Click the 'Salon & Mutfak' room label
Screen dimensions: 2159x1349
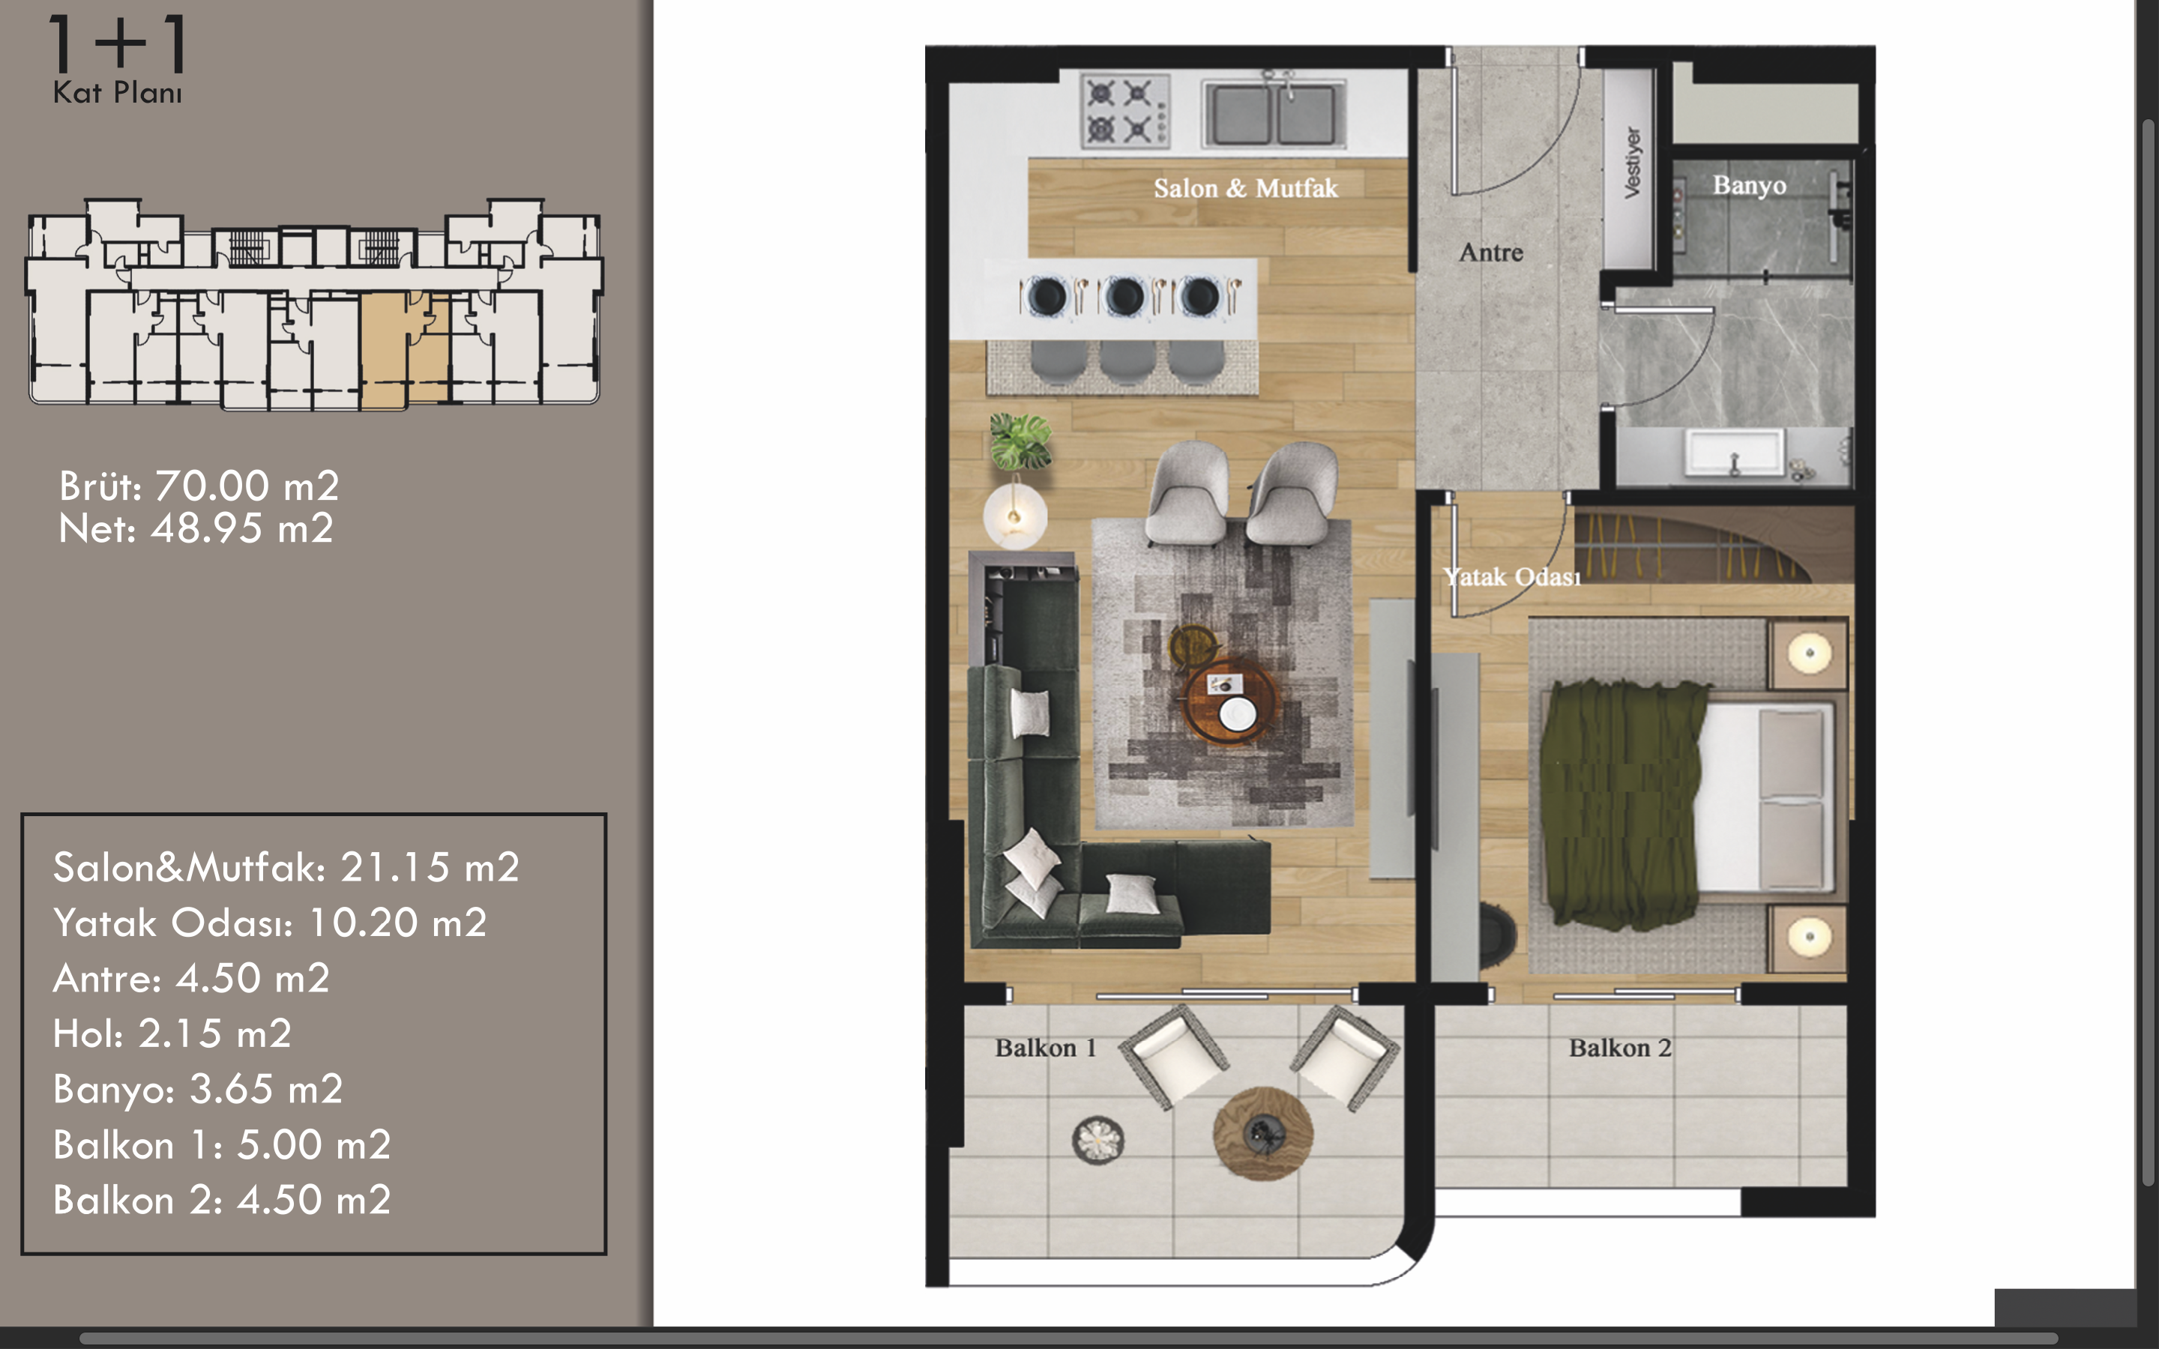1245,188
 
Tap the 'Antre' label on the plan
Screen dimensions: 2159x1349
1491,253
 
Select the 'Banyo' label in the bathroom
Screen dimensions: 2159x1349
1749,186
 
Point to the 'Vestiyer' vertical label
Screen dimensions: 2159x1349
1632,163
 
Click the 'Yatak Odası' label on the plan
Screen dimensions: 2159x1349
1511,577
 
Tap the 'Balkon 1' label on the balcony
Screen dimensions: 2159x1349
1046,1048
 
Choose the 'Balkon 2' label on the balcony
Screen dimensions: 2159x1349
1620,1048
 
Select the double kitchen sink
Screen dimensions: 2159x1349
1273,113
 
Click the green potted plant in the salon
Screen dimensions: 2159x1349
1020,441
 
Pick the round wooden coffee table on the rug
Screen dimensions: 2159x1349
1230,701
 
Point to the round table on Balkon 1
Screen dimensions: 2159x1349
1262,1133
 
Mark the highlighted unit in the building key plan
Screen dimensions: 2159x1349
405,350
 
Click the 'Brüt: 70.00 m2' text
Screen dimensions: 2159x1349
199,486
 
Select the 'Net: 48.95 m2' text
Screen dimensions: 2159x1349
196,529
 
